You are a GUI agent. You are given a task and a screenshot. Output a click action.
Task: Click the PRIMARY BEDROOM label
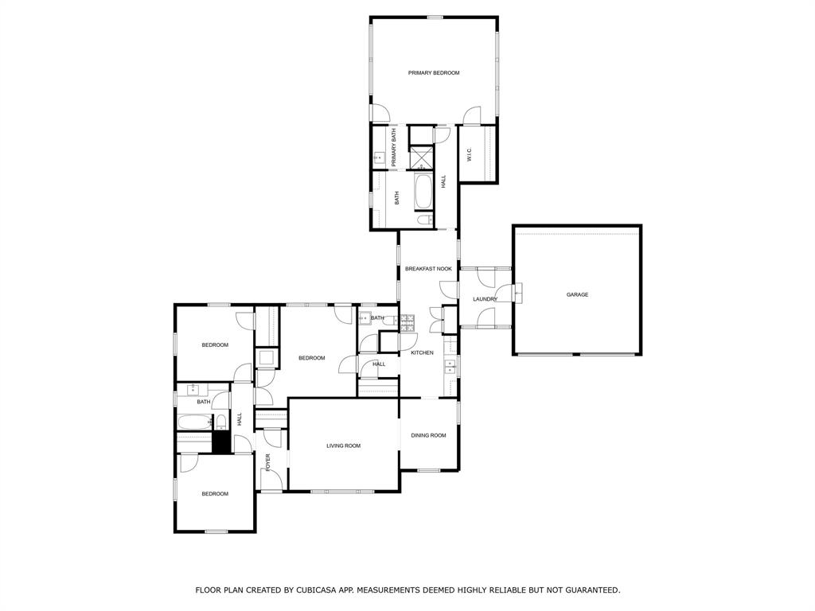434,73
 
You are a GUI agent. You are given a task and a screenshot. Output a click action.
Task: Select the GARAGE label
577,295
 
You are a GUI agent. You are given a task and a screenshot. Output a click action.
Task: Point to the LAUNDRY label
485,299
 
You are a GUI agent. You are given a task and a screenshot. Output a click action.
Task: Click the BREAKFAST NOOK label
428,269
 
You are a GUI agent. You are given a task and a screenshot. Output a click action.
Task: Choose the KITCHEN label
422,352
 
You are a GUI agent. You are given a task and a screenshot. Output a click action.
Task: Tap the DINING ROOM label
428,435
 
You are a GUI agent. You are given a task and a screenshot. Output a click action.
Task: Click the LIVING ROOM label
343,446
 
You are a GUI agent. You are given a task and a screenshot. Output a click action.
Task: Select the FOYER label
268,461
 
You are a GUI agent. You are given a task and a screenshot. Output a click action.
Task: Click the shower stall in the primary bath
422,158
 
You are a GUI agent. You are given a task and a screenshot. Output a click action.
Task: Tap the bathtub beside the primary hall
423,191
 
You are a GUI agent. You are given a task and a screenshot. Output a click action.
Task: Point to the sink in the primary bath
380,158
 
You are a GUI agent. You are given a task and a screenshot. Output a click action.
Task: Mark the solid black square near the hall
221,442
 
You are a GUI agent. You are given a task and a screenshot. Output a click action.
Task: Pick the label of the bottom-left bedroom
214,494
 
